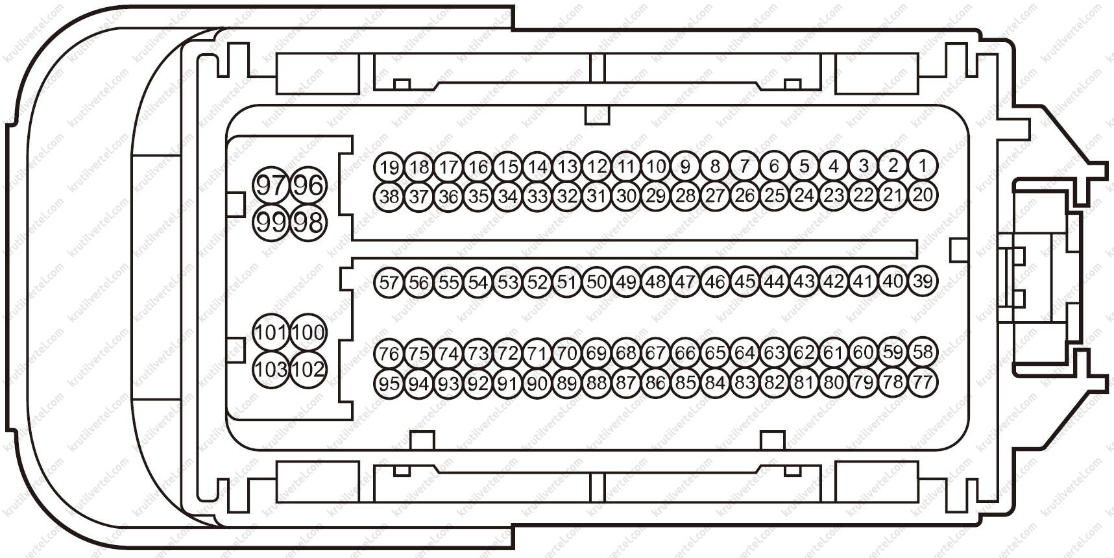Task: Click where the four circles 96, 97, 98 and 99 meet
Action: point(289,204)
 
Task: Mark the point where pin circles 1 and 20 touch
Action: point(922,180)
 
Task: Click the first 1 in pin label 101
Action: point(259,333)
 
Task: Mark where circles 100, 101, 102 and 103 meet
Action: point(289,351)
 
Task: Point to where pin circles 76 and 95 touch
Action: point(389,369)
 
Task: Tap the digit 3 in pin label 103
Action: point(280,370)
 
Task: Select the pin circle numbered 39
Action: point(922,281)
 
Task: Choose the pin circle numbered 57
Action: point(389,282)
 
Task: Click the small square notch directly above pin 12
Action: point(598,114)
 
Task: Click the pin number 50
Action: point(596,282)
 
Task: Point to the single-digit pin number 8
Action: point(714,166)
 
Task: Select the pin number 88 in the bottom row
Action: point(596,383)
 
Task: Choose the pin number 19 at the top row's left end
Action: point(389,167)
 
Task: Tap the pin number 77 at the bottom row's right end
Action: point(922,382)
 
